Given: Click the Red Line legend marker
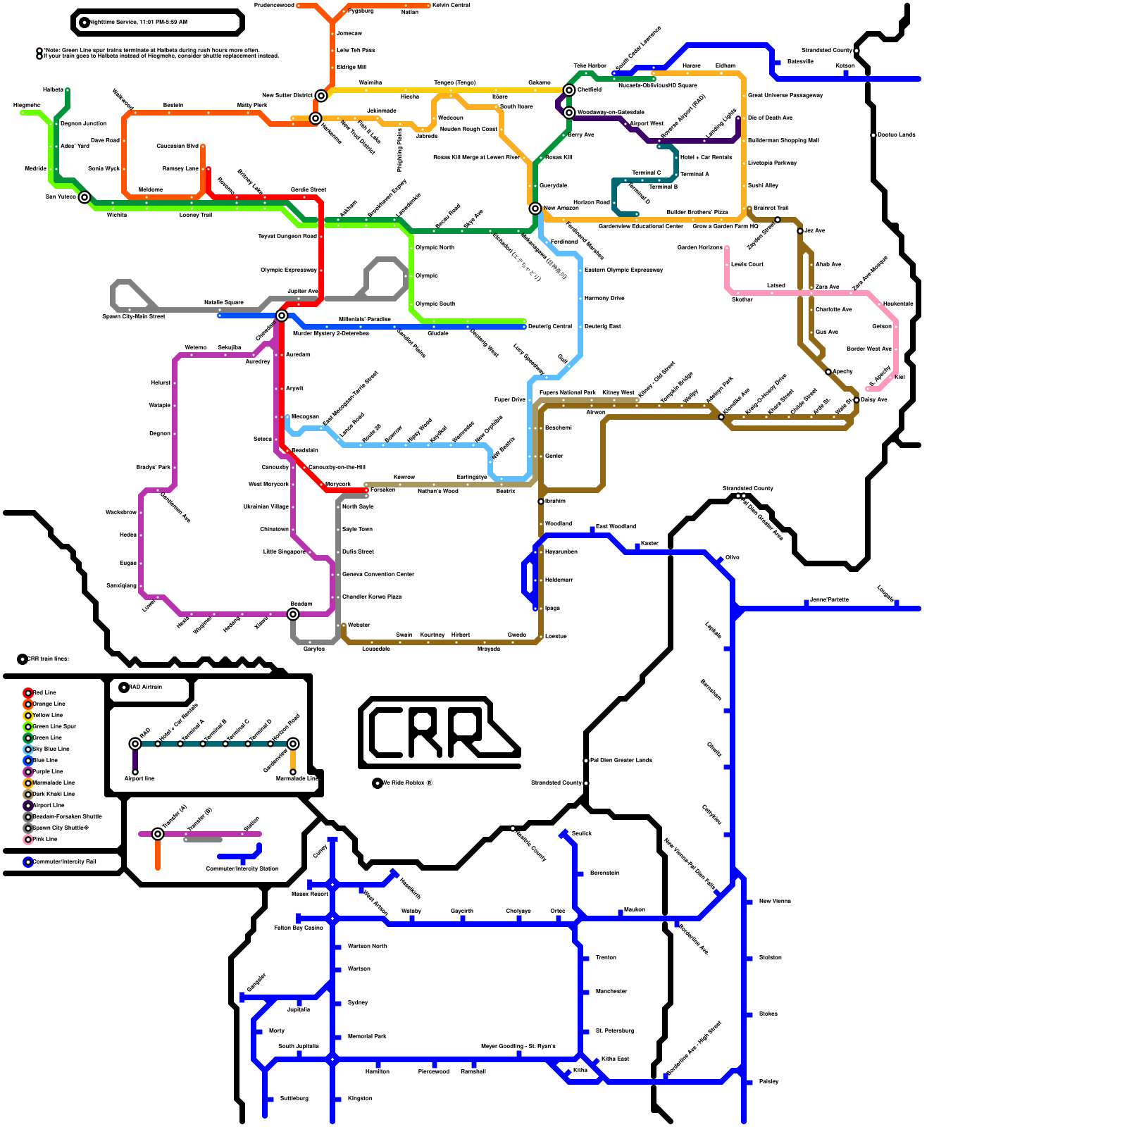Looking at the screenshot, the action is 28,693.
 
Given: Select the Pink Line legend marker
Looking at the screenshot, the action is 28,840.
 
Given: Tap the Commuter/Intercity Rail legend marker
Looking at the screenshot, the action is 28,862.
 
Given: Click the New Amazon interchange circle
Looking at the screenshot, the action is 535,208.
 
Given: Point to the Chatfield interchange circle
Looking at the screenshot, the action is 569,90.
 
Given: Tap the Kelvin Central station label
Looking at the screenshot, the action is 452,6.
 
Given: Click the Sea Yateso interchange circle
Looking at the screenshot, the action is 85,197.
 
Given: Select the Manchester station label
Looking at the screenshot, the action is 611,992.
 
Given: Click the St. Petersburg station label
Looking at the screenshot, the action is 615,1031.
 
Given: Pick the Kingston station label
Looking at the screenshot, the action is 360,1099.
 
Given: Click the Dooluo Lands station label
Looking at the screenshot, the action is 897,135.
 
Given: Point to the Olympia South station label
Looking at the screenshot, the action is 435,304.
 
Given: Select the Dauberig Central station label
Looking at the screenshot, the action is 550,327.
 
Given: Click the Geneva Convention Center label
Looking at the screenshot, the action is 378,575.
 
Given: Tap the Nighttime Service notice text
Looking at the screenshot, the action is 139,23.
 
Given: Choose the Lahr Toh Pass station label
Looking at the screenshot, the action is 356,51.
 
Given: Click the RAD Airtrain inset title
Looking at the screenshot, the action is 145,687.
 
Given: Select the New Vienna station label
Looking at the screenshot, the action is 775,902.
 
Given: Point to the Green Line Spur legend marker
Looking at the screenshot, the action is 28,727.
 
